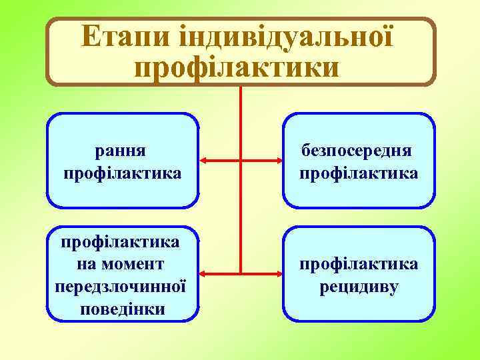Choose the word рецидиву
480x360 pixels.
(359, 287)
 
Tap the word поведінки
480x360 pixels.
(123, 309)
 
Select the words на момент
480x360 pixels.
(123, 265)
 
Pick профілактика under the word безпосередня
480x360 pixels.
(359, 173)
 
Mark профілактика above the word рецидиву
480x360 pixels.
(359, 265)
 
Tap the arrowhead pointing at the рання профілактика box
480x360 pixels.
(205, 161)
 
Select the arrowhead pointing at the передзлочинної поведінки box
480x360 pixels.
(205, 273)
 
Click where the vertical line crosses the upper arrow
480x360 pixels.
(240, 161)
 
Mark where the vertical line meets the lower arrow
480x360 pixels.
(240, 273)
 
